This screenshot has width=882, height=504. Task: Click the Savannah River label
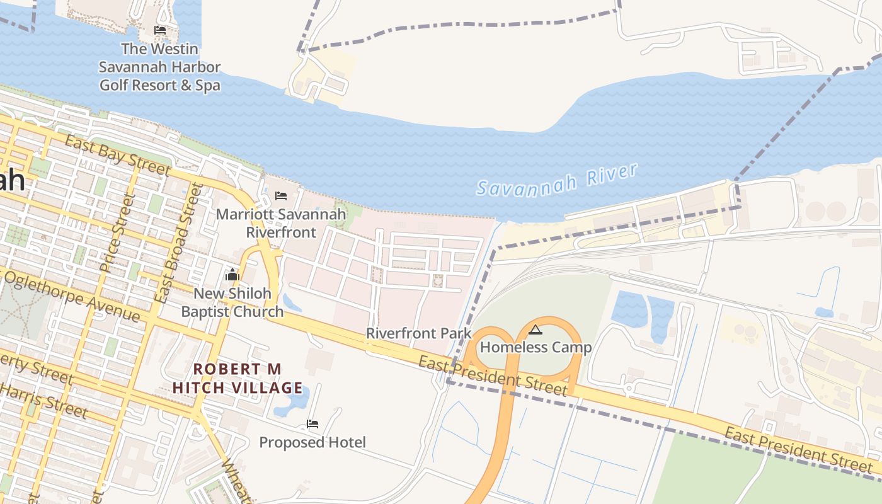pyautogui.click(x=557, y=180)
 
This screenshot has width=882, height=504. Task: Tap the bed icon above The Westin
pyautogui.click(x=160, y=30)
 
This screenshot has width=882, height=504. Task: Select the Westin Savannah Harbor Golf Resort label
pyautogui.click(x=160, y=67)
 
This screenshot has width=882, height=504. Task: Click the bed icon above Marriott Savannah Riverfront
pyautogui.click(x=281, y=196)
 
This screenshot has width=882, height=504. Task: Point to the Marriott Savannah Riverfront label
pyautogui.click(x=281, y=223)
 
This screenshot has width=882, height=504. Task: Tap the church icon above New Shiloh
pyautogui.click(x=232, y=275)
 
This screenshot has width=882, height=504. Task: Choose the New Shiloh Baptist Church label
pyautogui.click(x=232, y=302)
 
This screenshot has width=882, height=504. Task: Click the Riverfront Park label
pyautogui.click(x=419, y=333)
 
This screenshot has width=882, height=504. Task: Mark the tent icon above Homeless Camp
pyautogui.click(x=535, y=329)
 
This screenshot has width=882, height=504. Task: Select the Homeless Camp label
pyautogui.click(x=536, y=347)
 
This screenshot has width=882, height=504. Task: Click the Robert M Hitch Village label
pyautogui.click(x=238, y=378)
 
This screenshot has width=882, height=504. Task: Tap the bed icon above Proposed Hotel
pyautogui.click(x=312, y=423)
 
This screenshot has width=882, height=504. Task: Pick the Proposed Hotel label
pyautogui.click(x=312, y=442)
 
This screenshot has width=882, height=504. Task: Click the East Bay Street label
pyautogui.click(x=117, y=155)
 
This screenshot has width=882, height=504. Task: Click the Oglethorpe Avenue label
pyautogui.click(x=72, y=295)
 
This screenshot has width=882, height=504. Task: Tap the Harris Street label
pyautogui.click(x=44, y=401)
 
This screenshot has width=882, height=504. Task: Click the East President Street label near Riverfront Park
pyautogui.click(x=493, y=376)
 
